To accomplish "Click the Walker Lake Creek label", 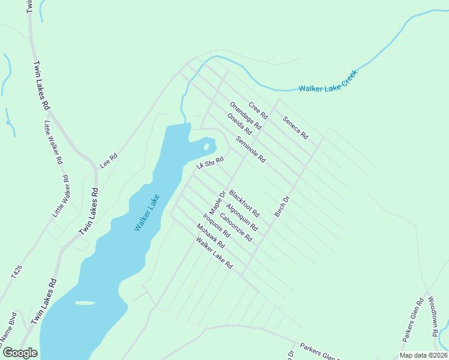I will point(328,82).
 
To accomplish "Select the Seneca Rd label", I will point(295,127).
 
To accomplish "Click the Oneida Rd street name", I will point(239,124).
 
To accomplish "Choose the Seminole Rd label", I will point(251,149).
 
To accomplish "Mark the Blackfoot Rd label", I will point(244,204).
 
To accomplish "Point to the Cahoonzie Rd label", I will point(236,227).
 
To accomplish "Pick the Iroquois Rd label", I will point(217,226).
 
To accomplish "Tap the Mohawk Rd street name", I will point(210,236).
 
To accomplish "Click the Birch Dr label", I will point(282,206).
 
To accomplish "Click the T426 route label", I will point(17,272).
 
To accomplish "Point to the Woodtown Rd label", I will point(436,311).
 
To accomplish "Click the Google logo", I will point(20,352).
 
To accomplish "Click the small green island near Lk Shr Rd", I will point(206,146).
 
